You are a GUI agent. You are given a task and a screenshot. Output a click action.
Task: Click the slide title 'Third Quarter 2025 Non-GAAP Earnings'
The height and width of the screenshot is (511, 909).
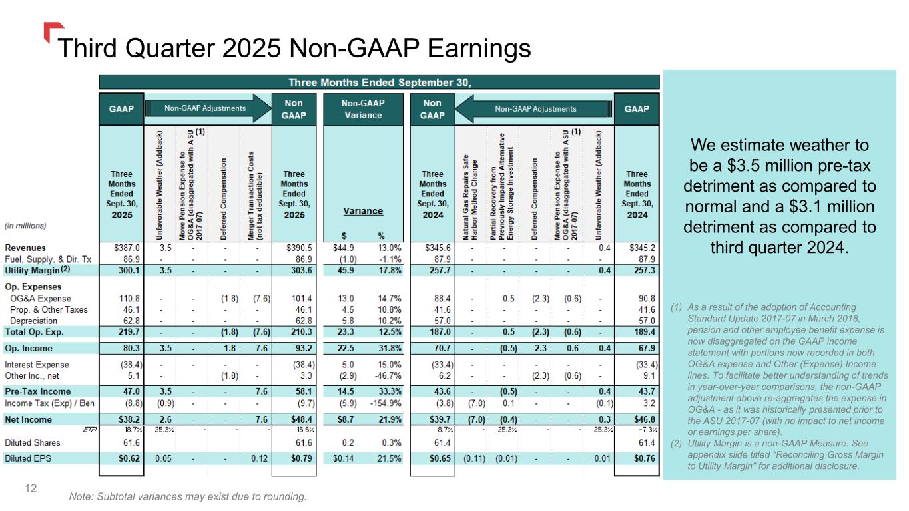294,48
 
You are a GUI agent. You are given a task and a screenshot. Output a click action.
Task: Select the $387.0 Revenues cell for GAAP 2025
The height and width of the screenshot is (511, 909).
126,247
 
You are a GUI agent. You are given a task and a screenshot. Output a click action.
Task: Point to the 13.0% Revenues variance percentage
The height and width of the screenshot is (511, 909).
389,247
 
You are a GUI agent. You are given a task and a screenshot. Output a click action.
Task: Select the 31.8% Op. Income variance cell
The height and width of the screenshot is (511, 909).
389,348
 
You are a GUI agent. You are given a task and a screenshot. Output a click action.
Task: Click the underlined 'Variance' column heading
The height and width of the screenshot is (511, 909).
363,211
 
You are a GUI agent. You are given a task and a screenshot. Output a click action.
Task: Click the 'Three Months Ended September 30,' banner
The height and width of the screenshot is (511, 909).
379,82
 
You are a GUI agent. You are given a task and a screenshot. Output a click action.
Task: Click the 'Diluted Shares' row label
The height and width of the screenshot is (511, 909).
33,442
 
